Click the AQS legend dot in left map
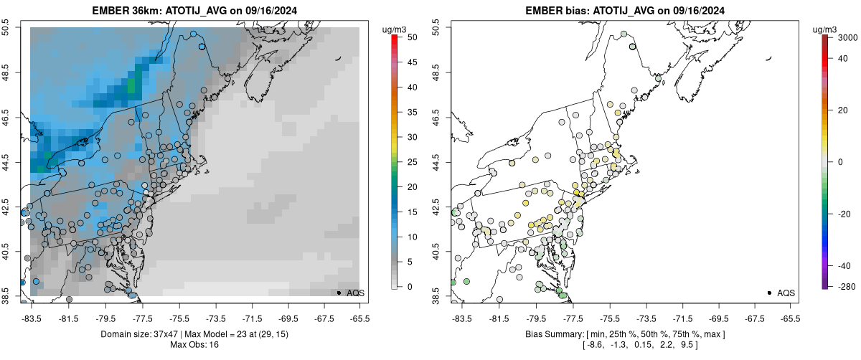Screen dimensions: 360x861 [x=339, y=293]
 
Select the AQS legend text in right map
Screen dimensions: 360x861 [x=786, y=293]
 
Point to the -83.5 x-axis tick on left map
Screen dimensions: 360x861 [x=32, y=318]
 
